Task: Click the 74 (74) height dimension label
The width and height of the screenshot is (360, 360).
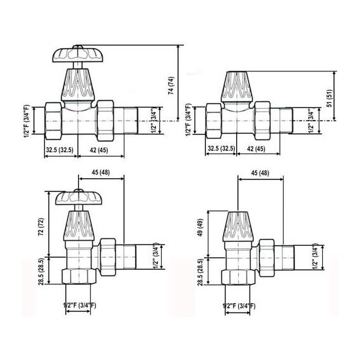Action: coord(171,86)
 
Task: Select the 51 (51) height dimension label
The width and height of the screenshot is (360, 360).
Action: coord(330,98)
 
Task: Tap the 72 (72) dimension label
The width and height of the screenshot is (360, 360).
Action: coord(41,227)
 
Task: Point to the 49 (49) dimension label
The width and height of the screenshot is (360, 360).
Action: coord(200,227)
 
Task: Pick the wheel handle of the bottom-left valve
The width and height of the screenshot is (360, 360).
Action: coord(79,198)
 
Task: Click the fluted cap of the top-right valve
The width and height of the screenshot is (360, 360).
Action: coord(237,87)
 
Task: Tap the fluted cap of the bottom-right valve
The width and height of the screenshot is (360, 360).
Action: coord(238,226)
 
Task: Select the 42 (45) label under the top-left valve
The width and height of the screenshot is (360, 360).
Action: coord(99,150)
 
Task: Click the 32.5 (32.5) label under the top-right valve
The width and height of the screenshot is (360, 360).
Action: coord(221,148)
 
